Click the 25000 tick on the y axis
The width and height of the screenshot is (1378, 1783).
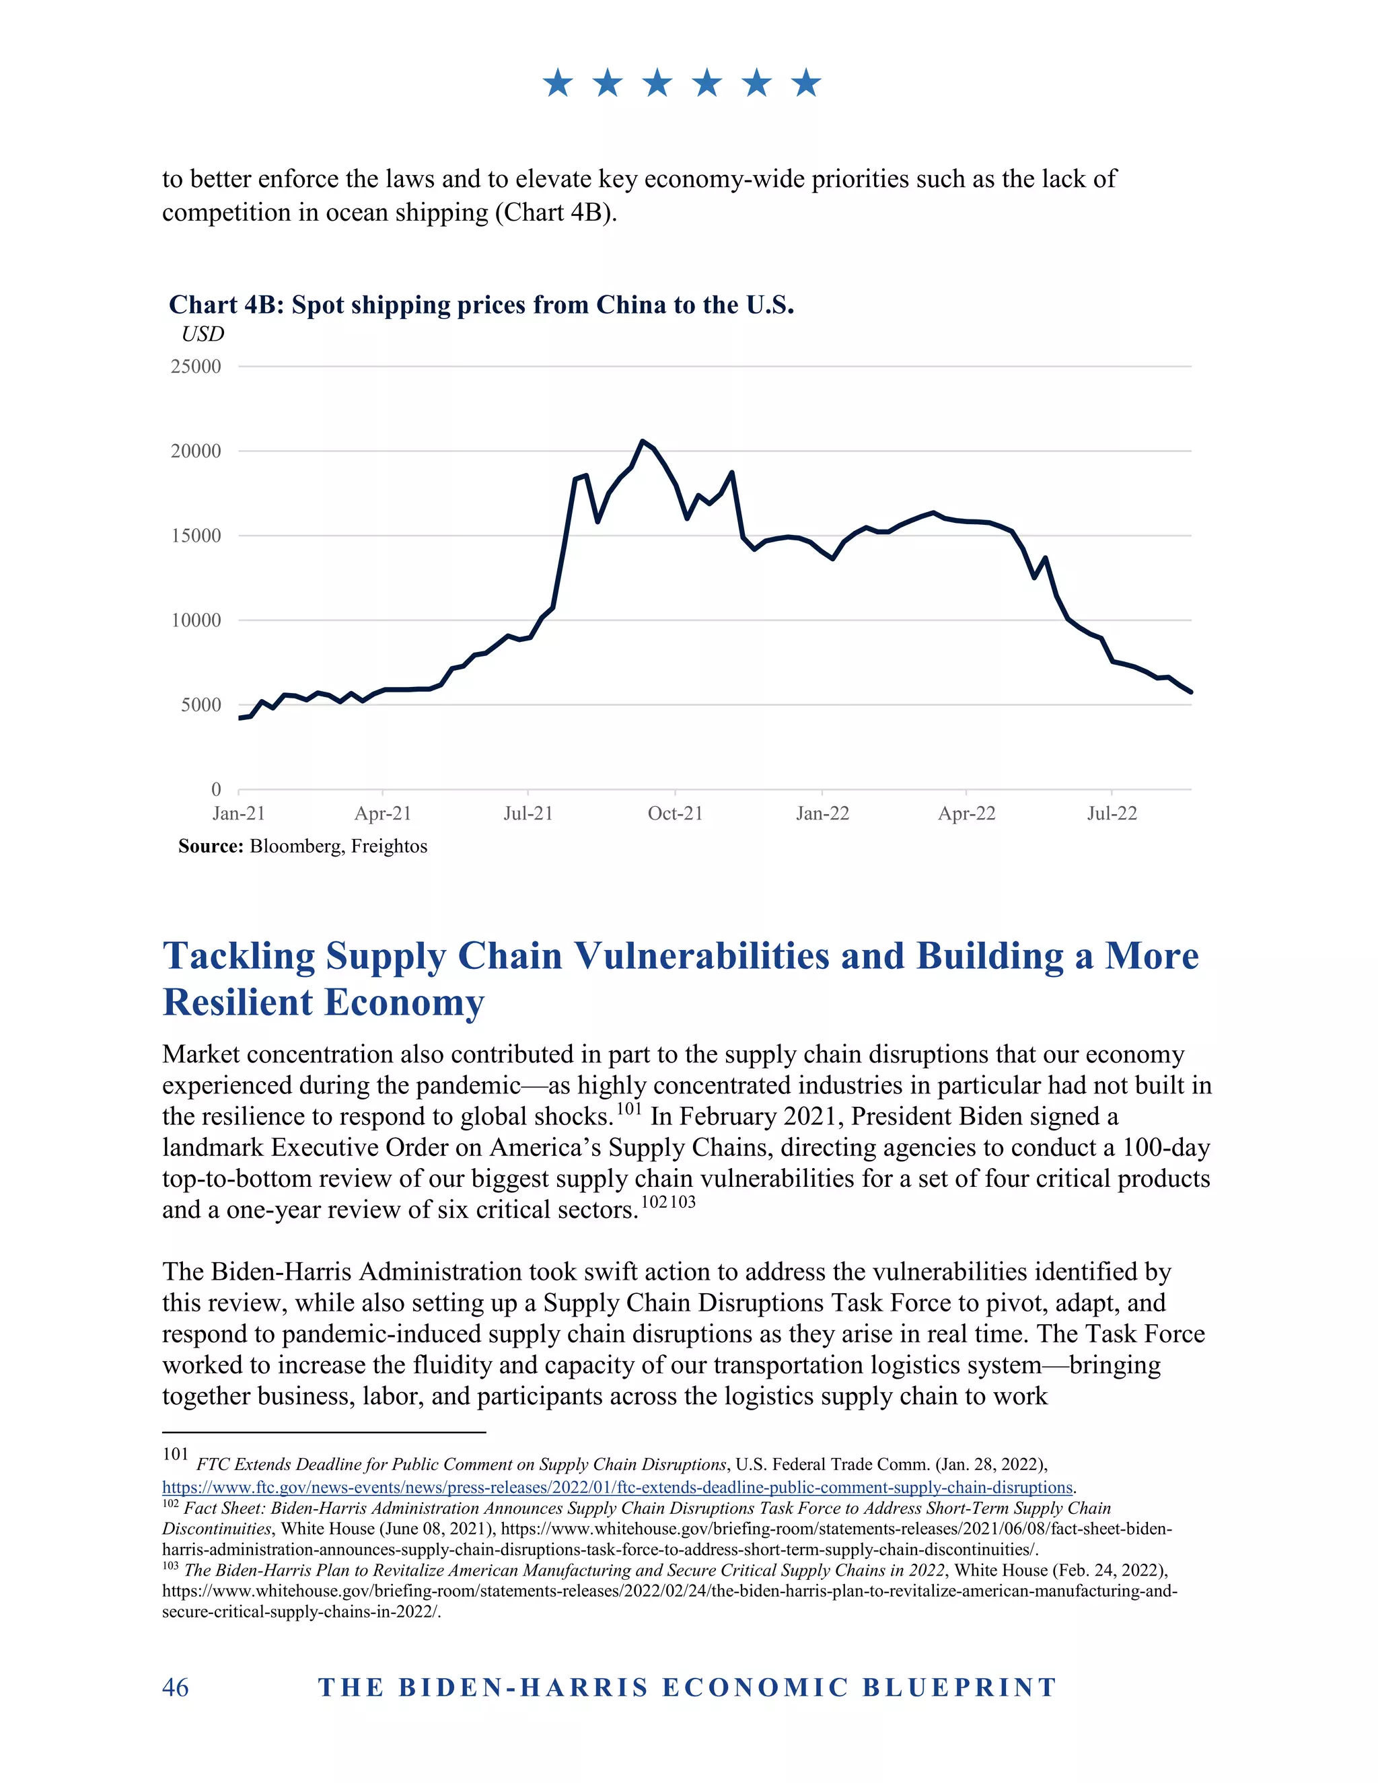click(x=196, y=367)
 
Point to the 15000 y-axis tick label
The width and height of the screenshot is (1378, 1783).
click(x=196, y=536)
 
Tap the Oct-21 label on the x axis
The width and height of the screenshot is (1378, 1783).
click(x=675, y=813)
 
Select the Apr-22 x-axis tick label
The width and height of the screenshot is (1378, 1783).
click(x=967, y=813)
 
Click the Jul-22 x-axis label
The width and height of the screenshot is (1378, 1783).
click(x=1112, y=813)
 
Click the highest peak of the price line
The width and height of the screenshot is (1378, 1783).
click(x=643, y=441)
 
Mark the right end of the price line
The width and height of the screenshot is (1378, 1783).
click(x=1191, y=692)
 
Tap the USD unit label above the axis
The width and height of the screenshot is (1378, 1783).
click(x=203, y=334)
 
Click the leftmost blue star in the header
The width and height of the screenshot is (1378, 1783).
click(x=558, y=83)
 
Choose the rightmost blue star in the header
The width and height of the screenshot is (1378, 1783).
click(x=807, y=83)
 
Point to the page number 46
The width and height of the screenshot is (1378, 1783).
click(x=176, y=1687)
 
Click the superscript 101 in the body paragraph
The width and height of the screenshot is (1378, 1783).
click(x=628, y=1109)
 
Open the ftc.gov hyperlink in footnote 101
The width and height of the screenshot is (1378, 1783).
click(x=617, y=1487)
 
